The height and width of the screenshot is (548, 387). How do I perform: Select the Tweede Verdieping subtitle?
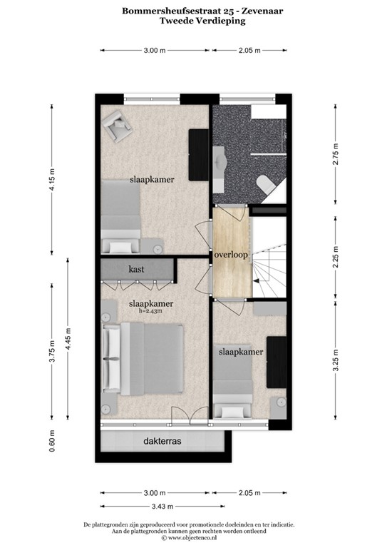(193, 22)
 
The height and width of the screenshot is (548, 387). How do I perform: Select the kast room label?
(137, 270)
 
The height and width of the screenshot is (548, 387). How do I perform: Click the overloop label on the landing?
(230, 255)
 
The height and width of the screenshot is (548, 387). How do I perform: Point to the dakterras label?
(162, 442)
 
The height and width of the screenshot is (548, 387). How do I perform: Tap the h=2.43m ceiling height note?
(150, 311)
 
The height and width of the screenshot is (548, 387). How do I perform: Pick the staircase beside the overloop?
(272, 260)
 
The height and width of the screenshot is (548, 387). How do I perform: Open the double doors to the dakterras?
(182, 421)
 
